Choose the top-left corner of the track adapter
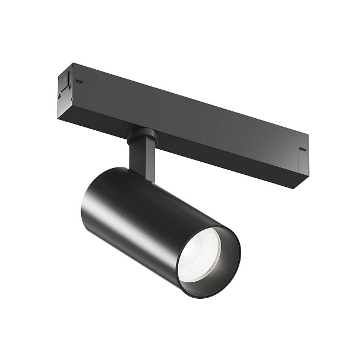click(x=71, y=63)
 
